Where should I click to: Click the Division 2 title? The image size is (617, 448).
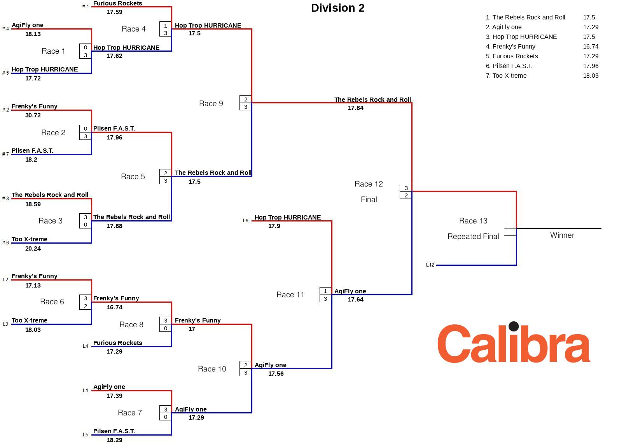pyautogui.click(x=337, y=8)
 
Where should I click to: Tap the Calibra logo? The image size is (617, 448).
pyautogui.click(x=514, y=343)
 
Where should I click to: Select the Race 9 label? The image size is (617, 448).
pyautogui.click(x=211, y=103)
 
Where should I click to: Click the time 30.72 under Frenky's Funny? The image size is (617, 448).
pyautogui.click(x=33, y=115)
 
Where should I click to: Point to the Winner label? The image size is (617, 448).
pyautogui.click(x=562, y=235)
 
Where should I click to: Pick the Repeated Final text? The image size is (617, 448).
pyautogui.click(x=473, y=236)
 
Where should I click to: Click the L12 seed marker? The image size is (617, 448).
pyautogui.click(x=430, y=265)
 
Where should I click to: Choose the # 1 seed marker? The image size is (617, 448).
pyautogui.click(x=86, y=7)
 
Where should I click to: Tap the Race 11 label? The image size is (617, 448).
pyautogui.click(x=290, y=295)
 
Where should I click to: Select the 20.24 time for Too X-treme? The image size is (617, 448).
pyautogui.click(x=33, y=249)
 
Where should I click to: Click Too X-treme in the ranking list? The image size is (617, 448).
pyautogui.click(x=509, y=76)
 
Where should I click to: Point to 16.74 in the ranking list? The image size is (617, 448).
pyautogui.click(x=591, y=47)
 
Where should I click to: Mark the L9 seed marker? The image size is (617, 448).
pyautogui.click(x=245, y=221)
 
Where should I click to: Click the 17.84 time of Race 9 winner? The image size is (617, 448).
pyautogui.click(x=355, y=108)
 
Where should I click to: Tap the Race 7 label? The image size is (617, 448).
pyautogui.click(x=129, y=413)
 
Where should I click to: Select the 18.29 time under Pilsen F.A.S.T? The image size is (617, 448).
pyautogui.click(x=114, y=440)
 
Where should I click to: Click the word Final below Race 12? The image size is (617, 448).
pyautogui.click(x=369, y=199)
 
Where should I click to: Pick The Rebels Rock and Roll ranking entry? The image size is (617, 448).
pyautogui.click(x=525, y=17)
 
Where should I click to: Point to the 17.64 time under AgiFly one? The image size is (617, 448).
pyautogui.click(x=355, y=300)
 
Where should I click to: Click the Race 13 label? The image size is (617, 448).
pyautogui.click(x=473, y=221)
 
